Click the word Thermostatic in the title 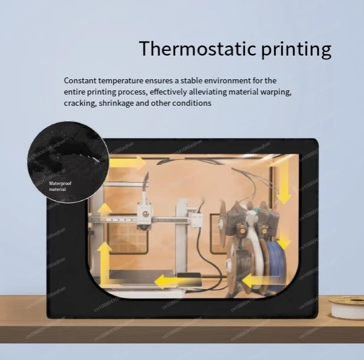click(188, 49)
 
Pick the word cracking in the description click(80, 103)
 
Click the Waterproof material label click(57, 186)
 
